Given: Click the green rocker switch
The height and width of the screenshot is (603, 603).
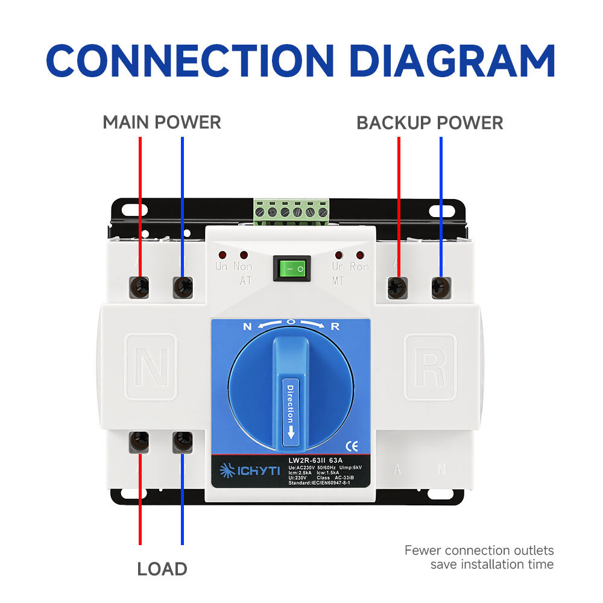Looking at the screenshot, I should (x=291, y=268).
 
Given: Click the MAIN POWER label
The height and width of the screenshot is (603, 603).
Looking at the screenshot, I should (x=162, y=122).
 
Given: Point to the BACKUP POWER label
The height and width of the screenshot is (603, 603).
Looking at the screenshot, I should (x=429, y=122).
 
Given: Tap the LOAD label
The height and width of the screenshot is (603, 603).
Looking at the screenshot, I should (x=162, y=569).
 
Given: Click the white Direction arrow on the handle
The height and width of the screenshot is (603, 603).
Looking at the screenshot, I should (x=291, y=432).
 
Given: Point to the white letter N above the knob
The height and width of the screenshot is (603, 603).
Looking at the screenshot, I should (x=247, y=327).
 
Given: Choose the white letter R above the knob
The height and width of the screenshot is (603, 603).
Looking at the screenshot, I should (x=336, y=327).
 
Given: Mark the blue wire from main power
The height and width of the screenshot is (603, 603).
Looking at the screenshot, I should (x=182, y=205).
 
